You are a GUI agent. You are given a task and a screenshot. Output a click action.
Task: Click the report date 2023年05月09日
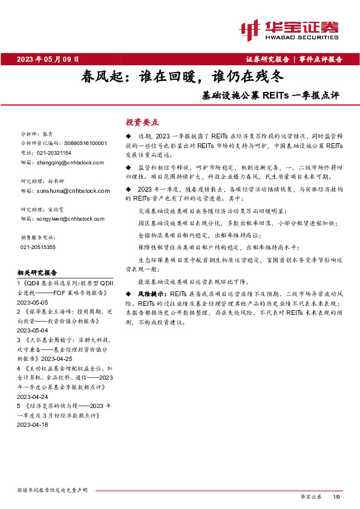point(48,59)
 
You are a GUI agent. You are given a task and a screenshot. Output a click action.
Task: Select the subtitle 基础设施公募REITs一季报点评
point(270,96)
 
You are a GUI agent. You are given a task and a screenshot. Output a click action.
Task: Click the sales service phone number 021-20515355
point(38,247)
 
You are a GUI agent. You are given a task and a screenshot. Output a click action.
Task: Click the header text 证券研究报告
point(267,59)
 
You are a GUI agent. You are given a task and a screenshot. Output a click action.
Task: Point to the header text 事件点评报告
point(321,59)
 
